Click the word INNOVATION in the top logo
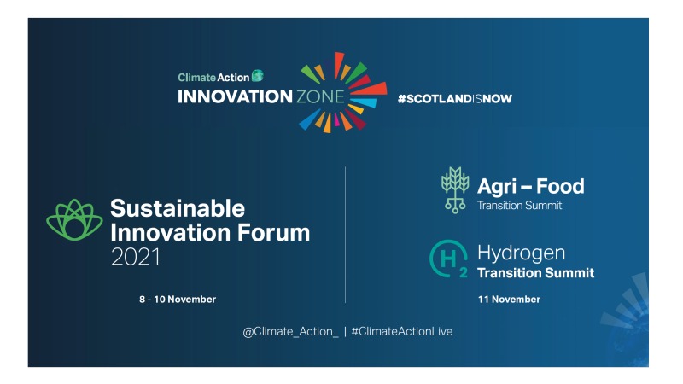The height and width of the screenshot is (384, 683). pyautogui.click(x=235, y=96)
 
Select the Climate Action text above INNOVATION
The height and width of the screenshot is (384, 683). pyautogui.click(x=213, y=77)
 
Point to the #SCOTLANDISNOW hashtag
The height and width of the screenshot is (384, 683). pyautogui.click(x=454, y=98)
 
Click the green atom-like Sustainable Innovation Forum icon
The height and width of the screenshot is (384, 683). pyautogui.click(x=74, y=220)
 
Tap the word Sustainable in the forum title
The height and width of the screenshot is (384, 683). pyautogui.click(x=178, y=208)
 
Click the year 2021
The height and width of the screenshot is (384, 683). pyautogui.click(x=136, y=256)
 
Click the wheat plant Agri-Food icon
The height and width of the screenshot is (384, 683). pyautogui.click(x=454, y=189)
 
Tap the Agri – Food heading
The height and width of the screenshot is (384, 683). pyautogui.click(x=531, y=187)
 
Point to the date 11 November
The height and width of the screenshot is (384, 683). pyautogui.click(x=509, y=300)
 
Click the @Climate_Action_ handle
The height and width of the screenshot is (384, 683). pyautogui.click(x=290, y=331)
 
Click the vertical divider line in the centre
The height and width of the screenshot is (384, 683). pyautogui.click(x=345, y=235)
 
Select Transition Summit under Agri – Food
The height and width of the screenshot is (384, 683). pyautogui.click(x=520, y=206)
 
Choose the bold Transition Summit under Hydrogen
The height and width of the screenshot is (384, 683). pyautogui.click(x=536, y=273)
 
